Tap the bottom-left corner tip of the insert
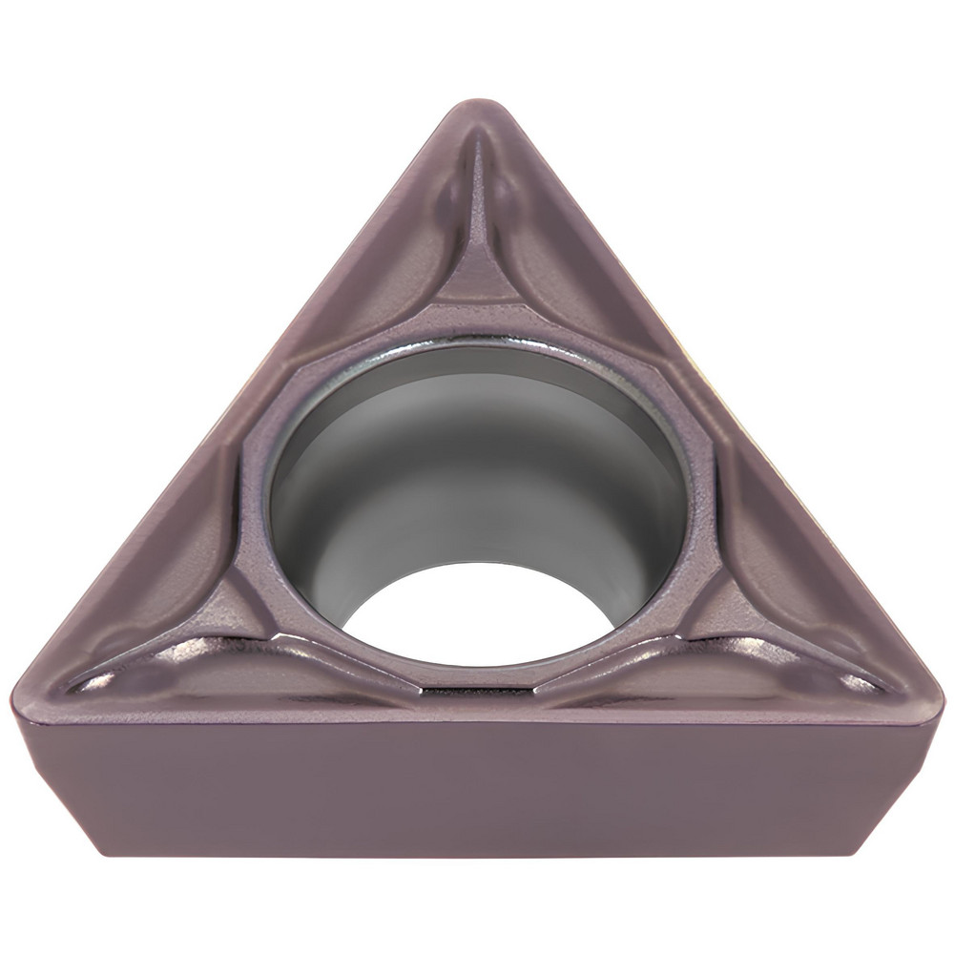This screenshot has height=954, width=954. coord(21,689)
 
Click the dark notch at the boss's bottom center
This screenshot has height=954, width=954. coord(477,689)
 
